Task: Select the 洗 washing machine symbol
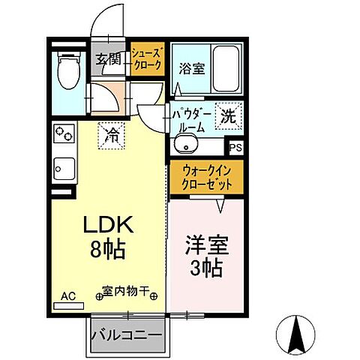pyautogui.click(x=228, y=115)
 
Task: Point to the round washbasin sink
pyautogui.click(x=184, y=145)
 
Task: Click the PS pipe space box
pyautogui.click(x=235, y=148)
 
